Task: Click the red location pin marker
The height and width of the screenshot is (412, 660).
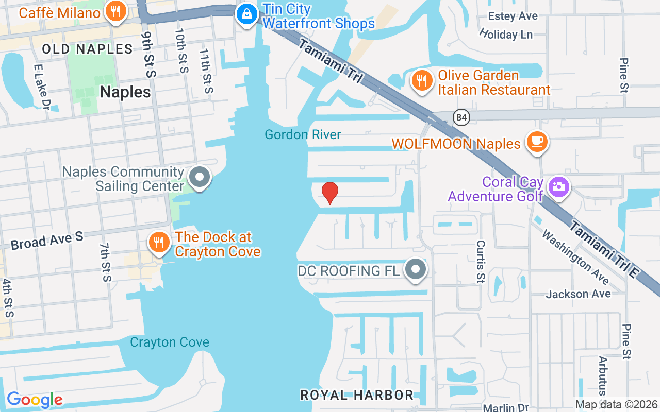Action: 330,193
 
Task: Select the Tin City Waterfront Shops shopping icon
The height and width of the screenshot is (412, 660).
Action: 247,14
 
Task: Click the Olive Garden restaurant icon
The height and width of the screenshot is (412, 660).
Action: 422,81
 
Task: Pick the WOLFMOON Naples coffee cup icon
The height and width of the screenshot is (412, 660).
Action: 537,142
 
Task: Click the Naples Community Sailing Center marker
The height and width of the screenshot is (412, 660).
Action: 199,178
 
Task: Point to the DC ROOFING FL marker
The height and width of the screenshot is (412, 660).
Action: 416,269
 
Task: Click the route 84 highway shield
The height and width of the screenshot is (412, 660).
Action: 461,118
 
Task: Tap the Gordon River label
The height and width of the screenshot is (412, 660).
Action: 303,135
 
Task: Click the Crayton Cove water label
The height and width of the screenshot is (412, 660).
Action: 170,342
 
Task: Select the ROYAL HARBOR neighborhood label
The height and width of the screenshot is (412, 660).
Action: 357,395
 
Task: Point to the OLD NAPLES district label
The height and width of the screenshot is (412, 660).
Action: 88,49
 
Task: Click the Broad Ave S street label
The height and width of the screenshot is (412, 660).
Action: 47,240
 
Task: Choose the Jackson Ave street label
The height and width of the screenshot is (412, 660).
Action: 578,294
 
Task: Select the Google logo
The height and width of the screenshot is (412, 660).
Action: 35,400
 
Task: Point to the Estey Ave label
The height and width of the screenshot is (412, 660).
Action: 513,16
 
